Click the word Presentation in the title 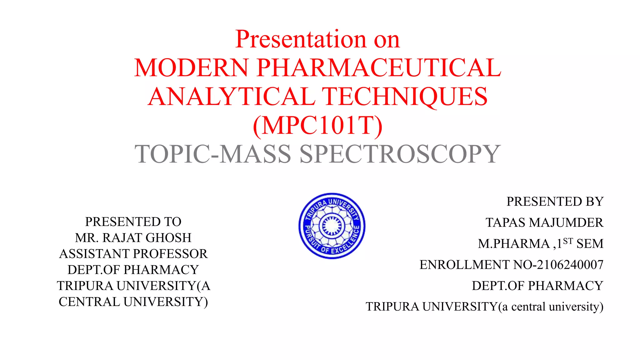301,39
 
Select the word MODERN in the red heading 191,68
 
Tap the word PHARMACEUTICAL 379,68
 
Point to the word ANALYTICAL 231,97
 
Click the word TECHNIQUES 405,97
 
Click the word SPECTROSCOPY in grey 400,154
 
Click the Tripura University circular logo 332,226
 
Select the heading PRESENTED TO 133,222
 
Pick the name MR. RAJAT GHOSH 133,238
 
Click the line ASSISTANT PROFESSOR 133,254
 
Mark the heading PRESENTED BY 555,202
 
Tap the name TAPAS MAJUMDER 544,222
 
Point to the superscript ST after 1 568,241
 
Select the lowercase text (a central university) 551,307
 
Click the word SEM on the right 590,244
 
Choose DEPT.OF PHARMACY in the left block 133,270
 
